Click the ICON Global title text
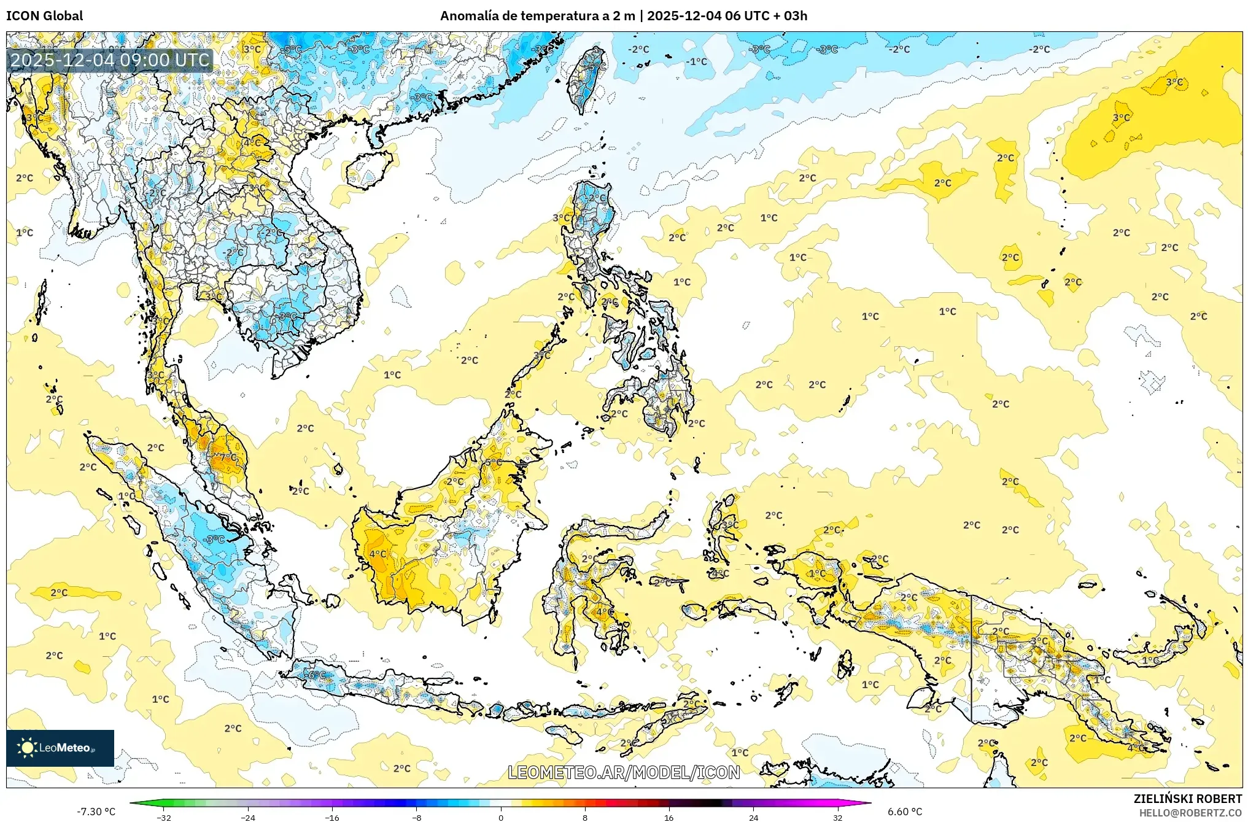pyautogui.click(x=44, y=15)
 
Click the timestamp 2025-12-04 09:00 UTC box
pyautogui.click(x=110, y=60)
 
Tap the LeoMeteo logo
pyautogui.click(x=60, y=748)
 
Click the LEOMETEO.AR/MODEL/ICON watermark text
pyautogui.click(x=624, y=772)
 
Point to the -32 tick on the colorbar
pyautogui.click(x=164, y=817)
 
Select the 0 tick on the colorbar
pyautogui.click(x=501, y=817)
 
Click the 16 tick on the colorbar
pyautogui.click(x=669, y=817)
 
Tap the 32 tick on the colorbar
pyautogui.click(x=837, y=817)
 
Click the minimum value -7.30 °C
pyautogui.click(x=96, y=812)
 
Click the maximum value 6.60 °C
pyautogui.click(x=905, y=812)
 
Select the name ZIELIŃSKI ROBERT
pyautogui.click(x=1188, y=799)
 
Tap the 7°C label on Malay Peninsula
pyautogui.click(x=228, y=457)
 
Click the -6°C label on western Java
pyautogui.click(x=316, y=675)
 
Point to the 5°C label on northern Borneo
pyautogui.click(x=494, y=462)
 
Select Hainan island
pyautogui.click(x=370, y=169)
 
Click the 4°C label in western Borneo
pyautogui.click(x=378, y=554)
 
